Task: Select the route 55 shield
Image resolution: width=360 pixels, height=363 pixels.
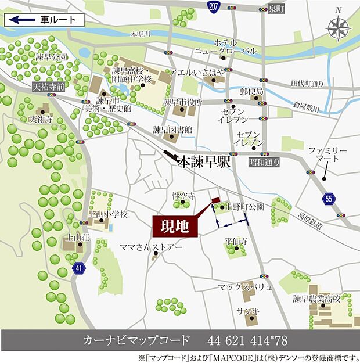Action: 330,199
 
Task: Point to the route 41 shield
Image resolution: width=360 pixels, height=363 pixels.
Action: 79,268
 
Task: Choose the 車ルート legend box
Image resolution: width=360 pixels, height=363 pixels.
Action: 45,20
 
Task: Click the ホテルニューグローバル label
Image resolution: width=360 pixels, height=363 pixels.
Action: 234,47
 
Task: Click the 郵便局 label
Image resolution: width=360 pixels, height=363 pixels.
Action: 252,92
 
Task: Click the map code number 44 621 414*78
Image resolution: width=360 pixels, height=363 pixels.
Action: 247,340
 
